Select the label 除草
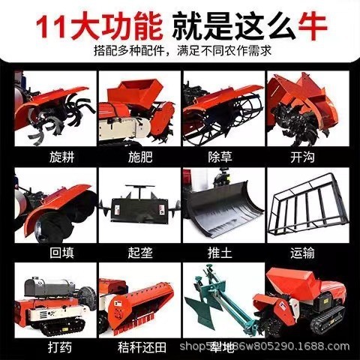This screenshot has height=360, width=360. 219,158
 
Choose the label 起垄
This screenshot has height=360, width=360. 136,253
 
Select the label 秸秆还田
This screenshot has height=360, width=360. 136,346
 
